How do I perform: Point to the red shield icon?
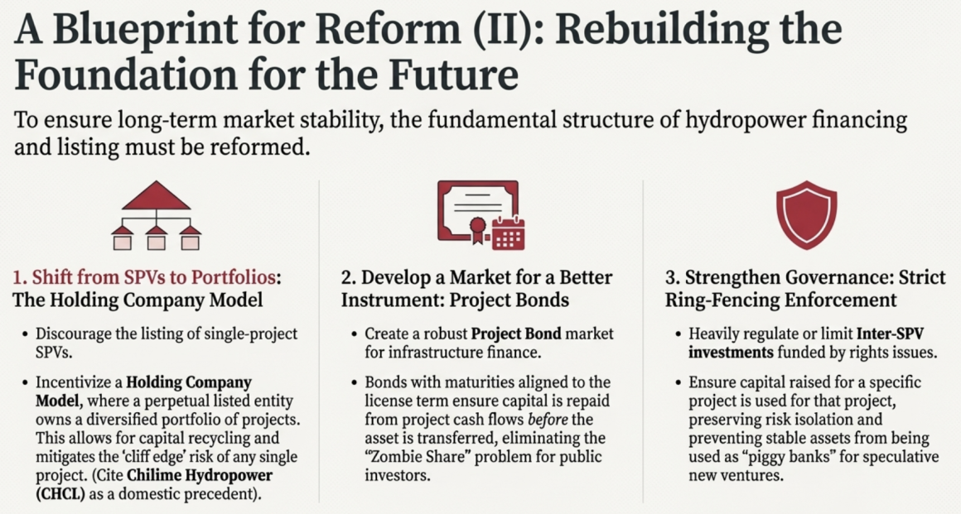pos(806,214)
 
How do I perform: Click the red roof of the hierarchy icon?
pos(157,195)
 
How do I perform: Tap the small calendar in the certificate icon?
pos(508,233)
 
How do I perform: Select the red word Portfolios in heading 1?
pos(233,277)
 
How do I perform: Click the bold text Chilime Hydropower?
pos(199,475)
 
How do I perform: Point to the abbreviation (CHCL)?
pos(60,494)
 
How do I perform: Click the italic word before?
pos(548,420)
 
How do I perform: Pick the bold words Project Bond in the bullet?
pos(516,334)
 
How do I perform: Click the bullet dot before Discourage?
pos(25,334)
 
